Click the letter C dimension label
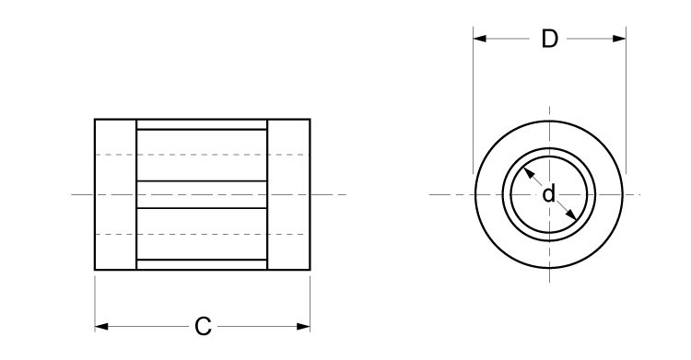point(204,326)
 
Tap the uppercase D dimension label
point(549,39)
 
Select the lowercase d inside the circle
point(548,194)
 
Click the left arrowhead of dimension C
point(101,326)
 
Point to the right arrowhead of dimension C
point(303,326)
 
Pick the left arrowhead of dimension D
point(480,39)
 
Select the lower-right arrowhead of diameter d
point(572,216)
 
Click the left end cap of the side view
point(115,194)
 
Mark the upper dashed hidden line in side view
point(202,154)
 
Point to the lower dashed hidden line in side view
point(202,235)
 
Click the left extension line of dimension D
point(474,101)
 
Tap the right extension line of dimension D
point(626,101)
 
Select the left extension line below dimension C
point(95,299)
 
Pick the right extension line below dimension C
point(310,299)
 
